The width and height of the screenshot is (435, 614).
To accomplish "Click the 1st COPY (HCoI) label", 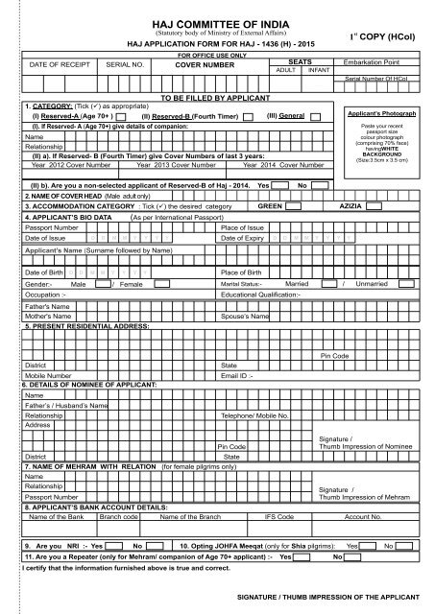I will [393, 36].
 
